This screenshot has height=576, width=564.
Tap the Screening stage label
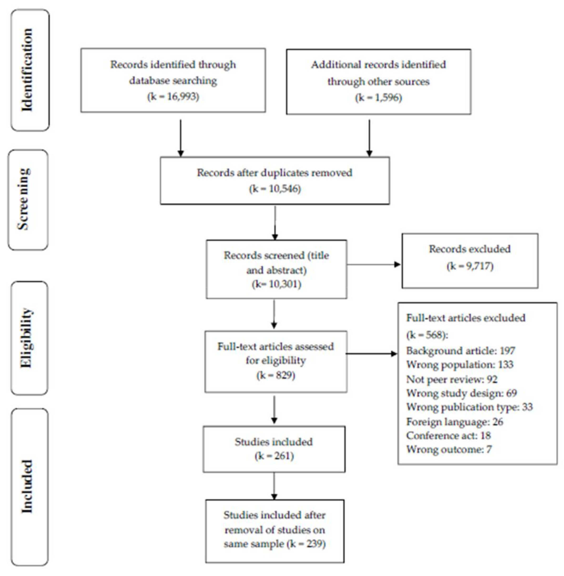click(x=24, y=199)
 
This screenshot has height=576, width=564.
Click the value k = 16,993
click(x=173, y=97)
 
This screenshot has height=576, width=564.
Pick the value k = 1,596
click(x=379, y=98)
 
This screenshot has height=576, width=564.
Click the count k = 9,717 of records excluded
click(x=470, y=266)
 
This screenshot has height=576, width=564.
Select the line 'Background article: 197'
click(x=461, y=351)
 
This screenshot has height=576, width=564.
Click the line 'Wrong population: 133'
click(x=460, y=365)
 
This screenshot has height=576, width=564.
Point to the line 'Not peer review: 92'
click(x=452, y=379)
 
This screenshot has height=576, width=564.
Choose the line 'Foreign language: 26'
click(x=455, y=422)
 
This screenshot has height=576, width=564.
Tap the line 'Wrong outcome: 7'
click(x=449, y=449)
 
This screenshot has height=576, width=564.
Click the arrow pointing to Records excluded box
click(x=374, y=265)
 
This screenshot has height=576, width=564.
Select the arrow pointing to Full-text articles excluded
click(x=372, y=353)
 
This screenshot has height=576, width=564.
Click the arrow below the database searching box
click(x=181, y=138)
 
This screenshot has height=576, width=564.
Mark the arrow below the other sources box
click(x=369, y=138)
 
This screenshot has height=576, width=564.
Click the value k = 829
click(x=276, y=375)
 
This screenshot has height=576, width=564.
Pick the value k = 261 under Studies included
click(x=274, y=456)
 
